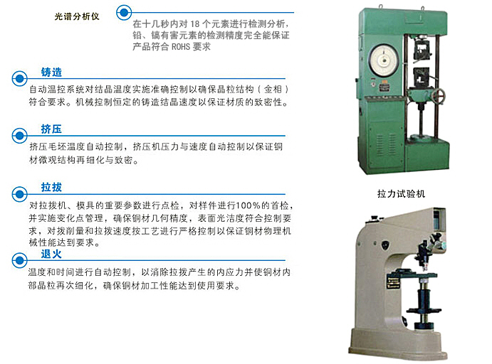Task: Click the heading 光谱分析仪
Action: (77, 16)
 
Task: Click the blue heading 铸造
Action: (51, 72)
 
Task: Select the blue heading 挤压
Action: (51, 129)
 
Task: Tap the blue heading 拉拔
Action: (51, 187)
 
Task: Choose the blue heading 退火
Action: (51, 254)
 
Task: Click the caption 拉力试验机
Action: (402, 194)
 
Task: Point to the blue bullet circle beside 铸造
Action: (19, 78)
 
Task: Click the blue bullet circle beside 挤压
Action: (19, 136)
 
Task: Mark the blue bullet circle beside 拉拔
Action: (19, 194)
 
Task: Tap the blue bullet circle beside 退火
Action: (19, 260)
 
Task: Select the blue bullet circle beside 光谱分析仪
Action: (124, 13)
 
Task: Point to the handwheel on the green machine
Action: (437, 95)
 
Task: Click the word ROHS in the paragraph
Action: (181, 47)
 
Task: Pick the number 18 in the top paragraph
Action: (195, 23)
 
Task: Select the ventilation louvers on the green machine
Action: (386, 145)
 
